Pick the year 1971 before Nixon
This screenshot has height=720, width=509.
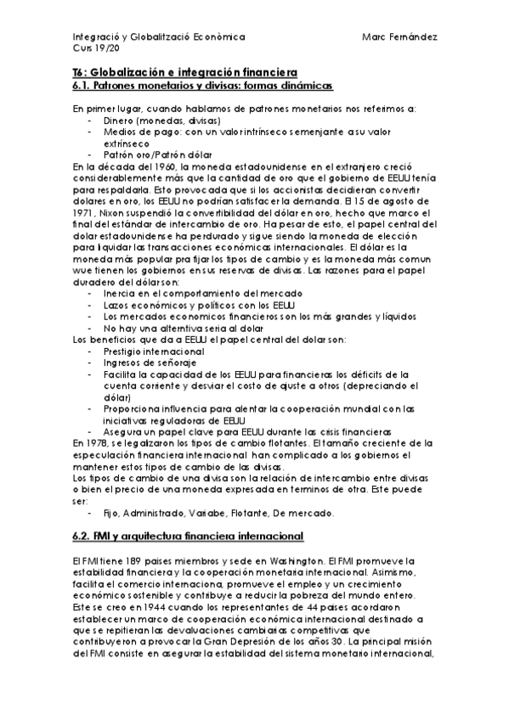(x=83, y=212)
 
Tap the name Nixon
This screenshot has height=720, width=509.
(x=117, y=212)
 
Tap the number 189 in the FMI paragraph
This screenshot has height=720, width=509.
(x=112, y=561)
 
